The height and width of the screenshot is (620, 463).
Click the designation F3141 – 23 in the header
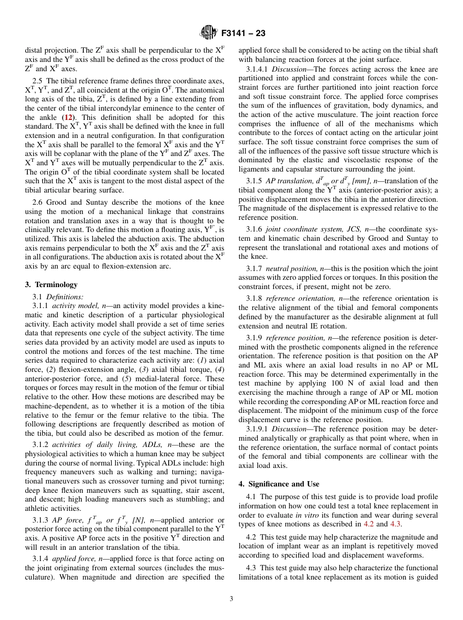point(243,34)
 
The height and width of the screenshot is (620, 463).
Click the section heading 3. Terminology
point(51,285)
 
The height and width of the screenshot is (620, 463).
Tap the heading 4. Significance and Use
point(279,484)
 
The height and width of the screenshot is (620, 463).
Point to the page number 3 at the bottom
point(231,599)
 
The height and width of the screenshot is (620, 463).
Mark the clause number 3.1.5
point(254,181)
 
